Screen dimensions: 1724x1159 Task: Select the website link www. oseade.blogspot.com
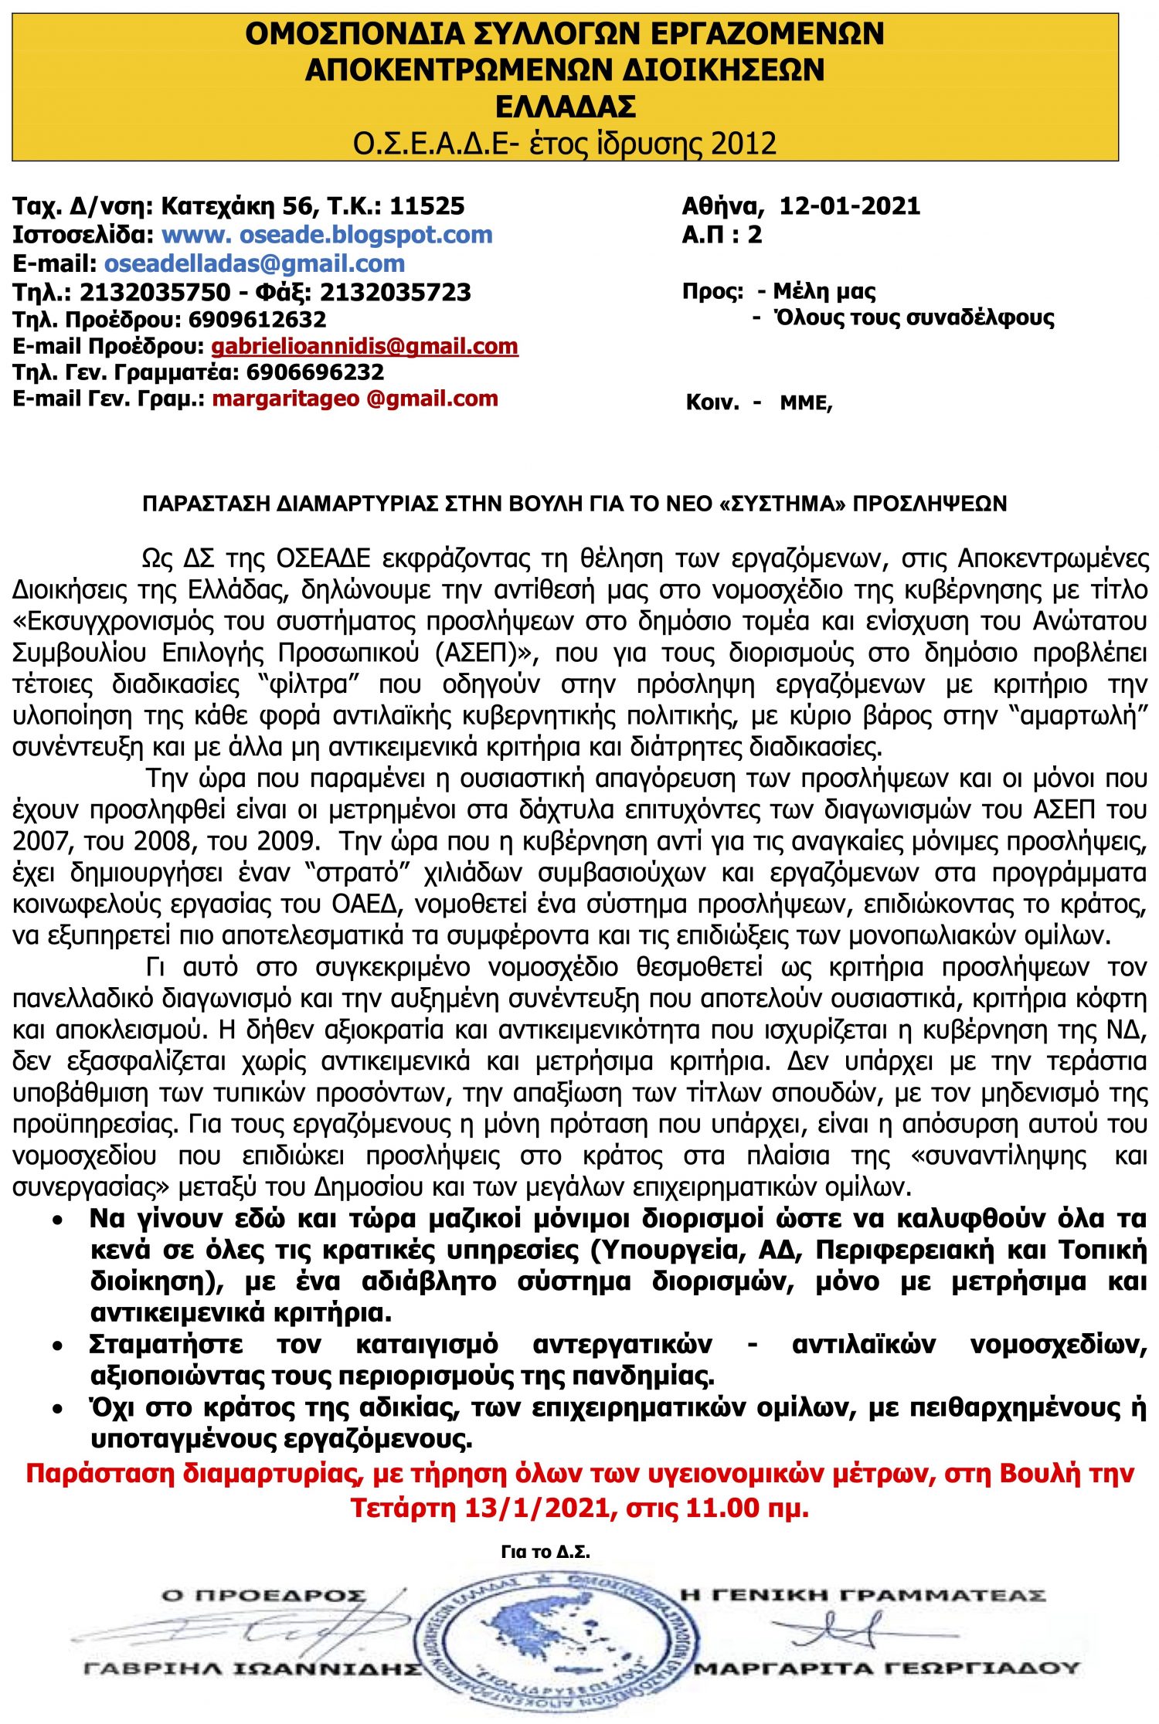click(327, 234)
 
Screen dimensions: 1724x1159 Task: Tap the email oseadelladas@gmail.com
click(254, 263)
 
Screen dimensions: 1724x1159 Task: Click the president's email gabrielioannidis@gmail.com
click(365, 346)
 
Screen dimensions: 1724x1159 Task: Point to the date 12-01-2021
click(849, 205)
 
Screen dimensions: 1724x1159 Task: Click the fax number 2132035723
click(395, 292)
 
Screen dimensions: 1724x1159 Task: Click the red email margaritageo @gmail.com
click(355, 399)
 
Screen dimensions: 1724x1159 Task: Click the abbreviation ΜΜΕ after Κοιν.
click(805, 403)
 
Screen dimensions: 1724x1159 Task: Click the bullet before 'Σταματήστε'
click(58, 1347)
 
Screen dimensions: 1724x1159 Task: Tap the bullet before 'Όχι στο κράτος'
click(58, 1410)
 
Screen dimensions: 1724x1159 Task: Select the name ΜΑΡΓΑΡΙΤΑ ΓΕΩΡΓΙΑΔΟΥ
click(885, 1668)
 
